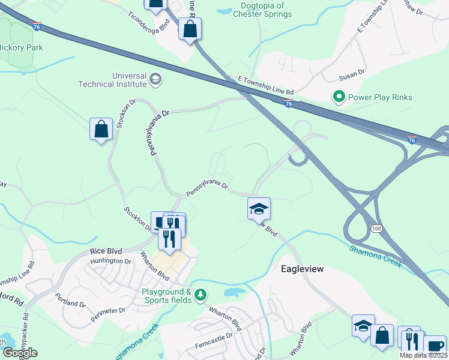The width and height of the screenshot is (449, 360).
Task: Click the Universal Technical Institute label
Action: [x=112, y=80]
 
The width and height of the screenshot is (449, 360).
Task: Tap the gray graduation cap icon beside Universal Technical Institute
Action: [x=155, y=79]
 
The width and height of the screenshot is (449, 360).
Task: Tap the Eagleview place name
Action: [x=302, y=269]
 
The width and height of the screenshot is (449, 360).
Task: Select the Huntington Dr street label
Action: [x=110, y=261]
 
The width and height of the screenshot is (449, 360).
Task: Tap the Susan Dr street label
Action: [x=352, y=73]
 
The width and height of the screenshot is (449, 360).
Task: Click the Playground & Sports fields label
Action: [x=166, y=296]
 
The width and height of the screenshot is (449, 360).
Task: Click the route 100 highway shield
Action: [x=376, y=229]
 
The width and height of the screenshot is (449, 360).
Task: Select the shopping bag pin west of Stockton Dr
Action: [x=101, y=128]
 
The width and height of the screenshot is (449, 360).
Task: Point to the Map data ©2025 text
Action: [x=423, y=355]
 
